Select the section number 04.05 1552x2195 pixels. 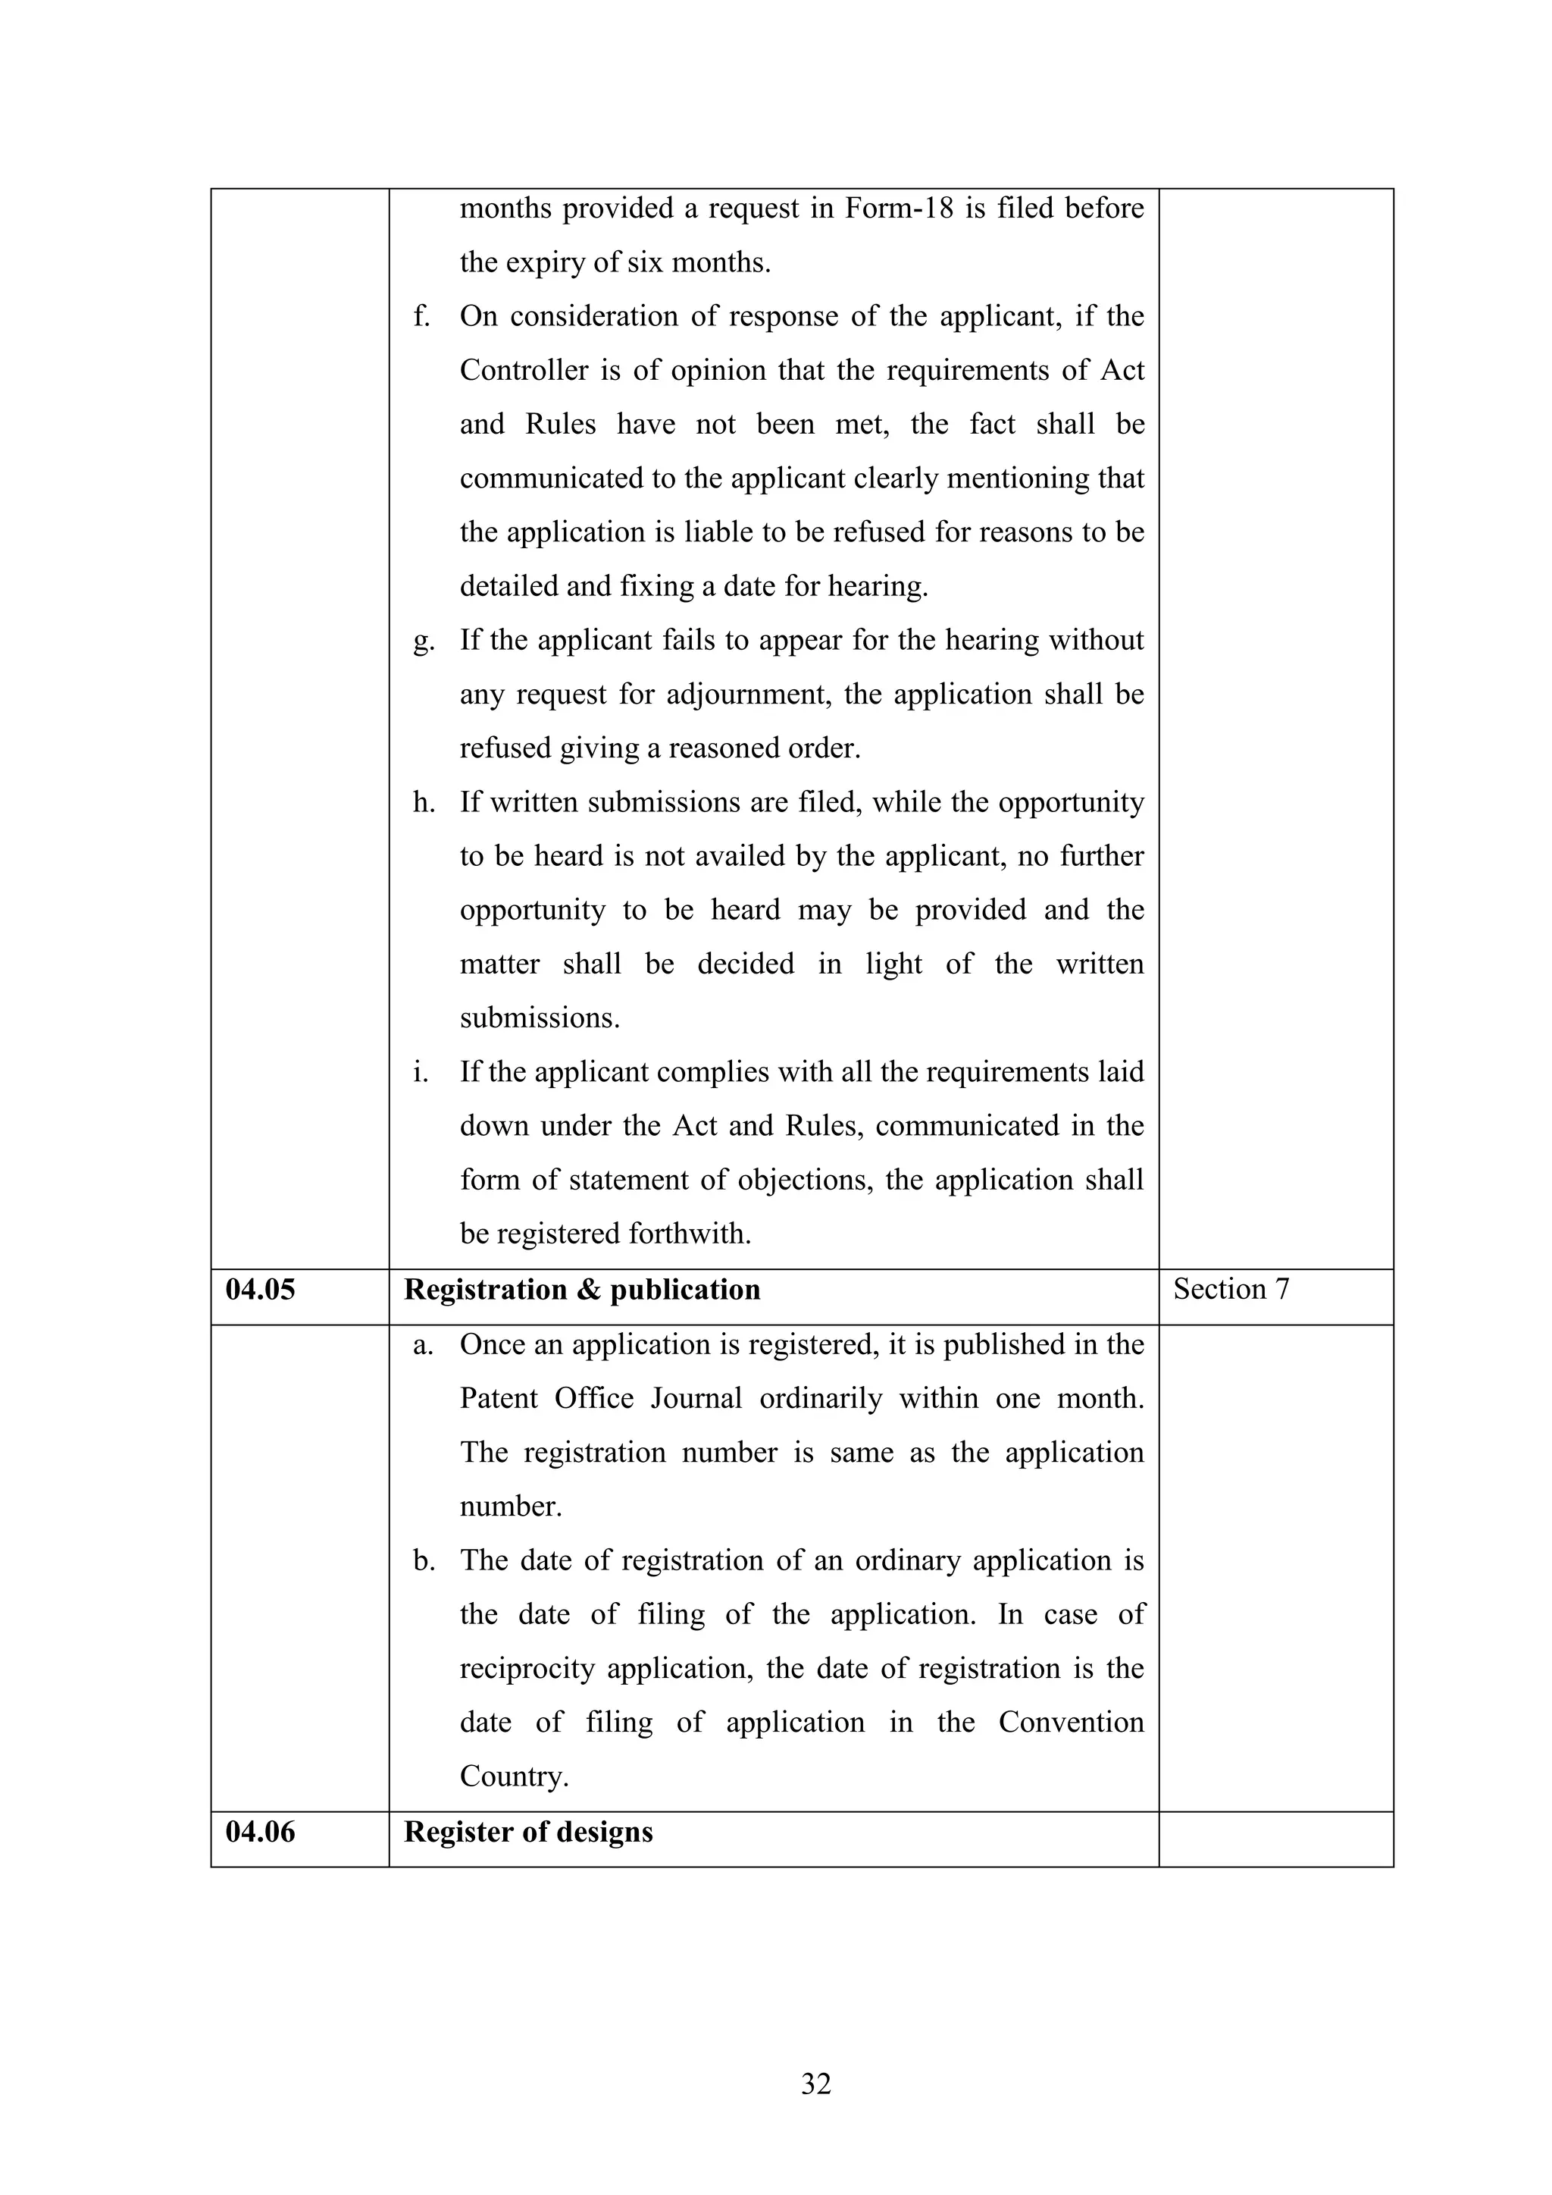[260, 1290]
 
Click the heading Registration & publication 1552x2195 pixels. [582, 1290]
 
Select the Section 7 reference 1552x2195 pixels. [1231, 1289]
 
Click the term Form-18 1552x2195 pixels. [898, 208]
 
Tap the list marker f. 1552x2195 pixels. [421, 315]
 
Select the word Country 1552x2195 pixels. [513, 1776]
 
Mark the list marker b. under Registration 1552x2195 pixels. [422, 1560]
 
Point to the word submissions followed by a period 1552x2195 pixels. [539, 1018]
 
